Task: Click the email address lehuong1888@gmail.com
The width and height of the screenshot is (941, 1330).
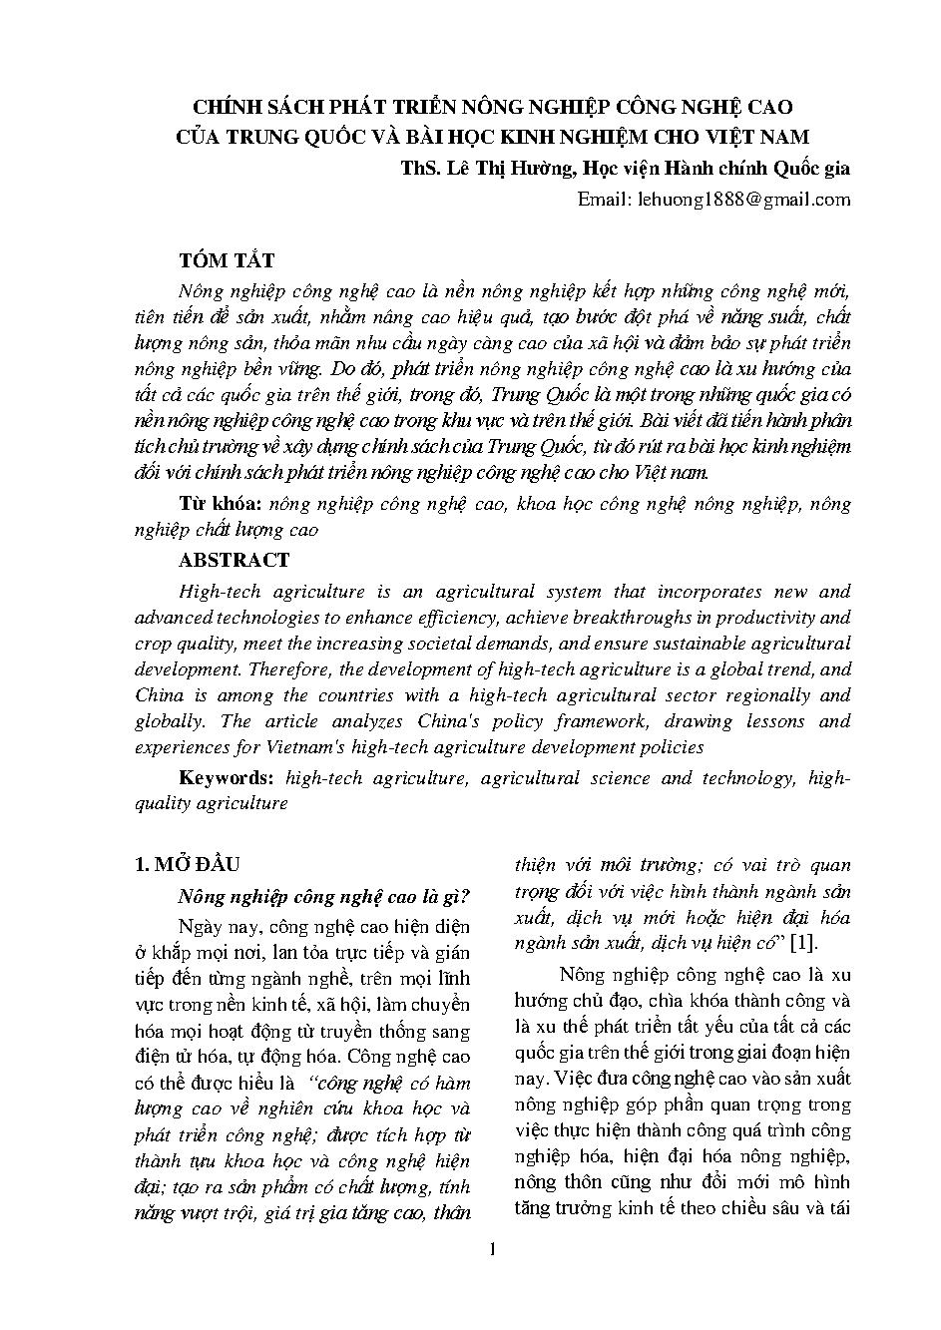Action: tap(741, 200)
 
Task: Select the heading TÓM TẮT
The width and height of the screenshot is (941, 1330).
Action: tap(226, 261)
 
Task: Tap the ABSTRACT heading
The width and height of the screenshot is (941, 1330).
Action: tap(234, 560)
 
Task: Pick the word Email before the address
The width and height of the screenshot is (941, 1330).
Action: tap(601, 200)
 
